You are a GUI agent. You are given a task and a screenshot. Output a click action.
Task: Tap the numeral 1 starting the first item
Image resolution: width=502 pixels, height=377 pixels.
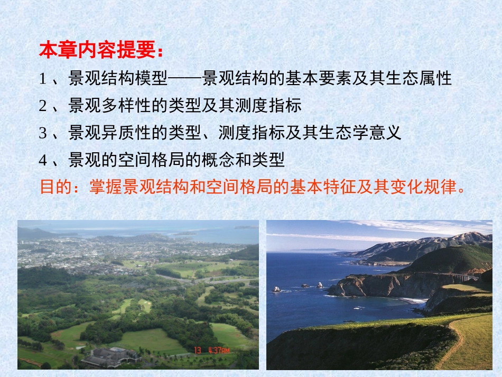tap(43, 79)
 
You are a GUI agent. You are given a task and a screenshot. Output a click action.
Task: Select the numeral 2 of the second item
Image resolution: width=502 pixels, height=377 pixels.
tap(43, 106)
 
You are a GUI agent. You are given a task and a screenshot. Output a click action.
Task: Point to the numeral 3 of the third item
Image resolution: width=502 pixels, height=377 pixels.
tap(43, 133)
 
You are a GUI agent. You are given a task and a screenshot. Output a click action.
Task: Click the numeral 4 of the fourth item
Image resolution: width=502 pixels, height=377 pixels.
tap(43, 159)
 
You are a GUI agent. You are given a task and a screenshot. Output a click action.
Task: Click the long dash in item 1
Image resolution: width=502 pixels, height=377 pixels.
tap(185, 79)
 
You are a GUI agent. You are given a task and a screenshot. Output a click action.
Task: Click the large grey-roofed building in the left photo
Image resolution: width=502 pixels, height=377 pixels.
tap(111, 356)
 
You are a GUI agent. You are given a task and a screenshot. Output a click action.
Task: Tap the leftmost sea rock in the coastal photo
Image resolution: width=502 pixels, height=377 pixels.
tap(276, 289)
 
